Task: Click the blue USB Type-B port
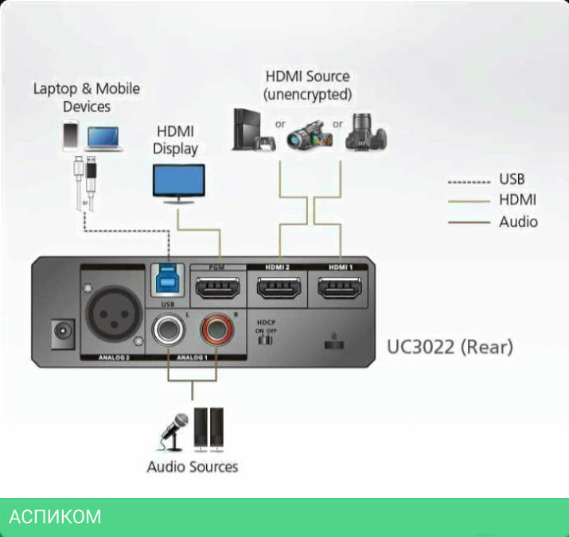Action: pyautogui.click(x=167, y=281)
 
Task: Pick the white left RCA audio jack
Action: pyautogui.click(x=170, y=329)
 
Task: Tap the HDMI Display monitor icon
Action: pyautogui.click(x=178, y=182)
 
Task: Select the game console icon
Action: pyautogui.click(x=252, y=131)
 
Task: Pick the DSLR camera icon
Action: pyautogui.click(x=366, y=132)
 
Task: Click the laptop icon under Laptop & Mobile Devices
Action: pyautogui.click(x=104, y=138)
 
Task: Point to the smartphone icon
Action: pyautogui.click(x=71, y=135)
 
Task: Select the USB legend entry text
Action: pyautogui.click(x=512, y=180)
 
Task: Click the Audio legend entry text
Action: pyautogui.click(x=518, y=221)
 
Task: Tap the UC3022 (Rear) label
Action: pyautogui.click(x=450, y=348)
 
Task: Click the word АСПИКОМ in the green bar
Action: pyautogui.click(x=55, y=517)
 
